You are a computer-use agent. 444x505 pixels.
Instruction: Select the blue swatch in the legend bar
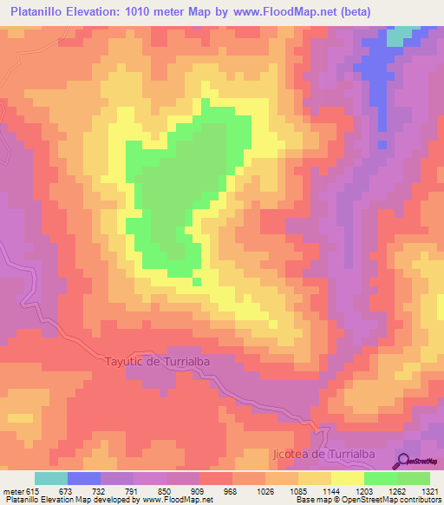pyautogui.click(x=84, y=478)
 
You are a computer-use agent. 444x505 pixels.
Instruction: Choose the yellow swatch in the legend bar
pyautogui.click(x=348, y=478)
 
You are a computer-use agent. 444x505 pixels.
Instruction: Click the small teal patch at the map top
pyautogui.click(x=398, y=36)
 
